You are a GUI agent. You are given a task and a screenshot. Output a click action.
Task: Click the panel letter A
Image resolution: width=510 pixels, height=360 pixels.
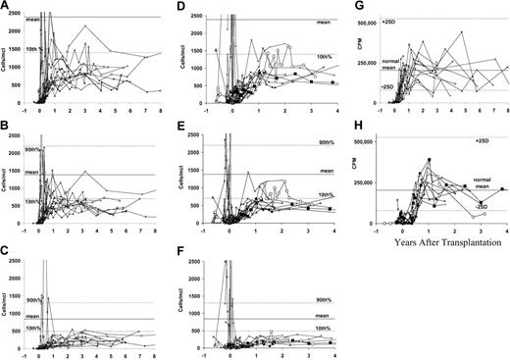point(6,7)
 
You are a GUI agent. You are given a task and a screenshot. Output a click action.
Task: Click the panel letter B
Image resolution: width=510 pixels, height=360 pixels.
point(6,127)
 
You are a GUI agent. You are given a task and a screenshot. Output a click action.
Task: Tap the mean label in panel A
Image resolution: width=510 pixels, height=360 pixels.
point(33,22)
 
